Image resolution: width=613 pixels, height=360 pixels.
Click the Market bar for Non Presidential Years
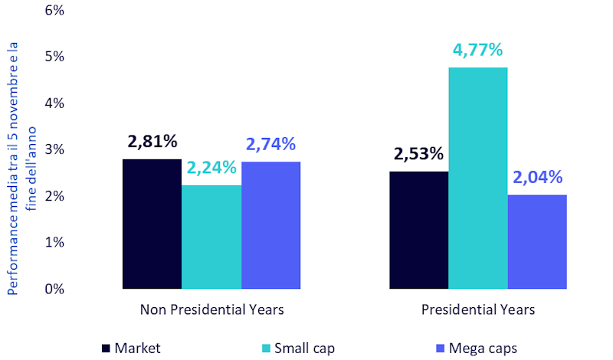pos(152,224)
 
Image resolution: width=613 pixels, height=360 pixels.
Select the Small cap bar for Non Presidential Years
pos(211,237)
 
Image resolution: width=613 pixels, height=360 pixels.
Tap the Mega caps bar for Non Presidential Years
pos(270,225)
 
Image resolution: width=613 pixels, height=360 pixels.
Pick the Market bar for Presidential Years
pos(418,230)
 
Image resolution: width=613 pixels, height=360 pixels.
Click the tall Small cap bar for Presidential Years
pos(477,178)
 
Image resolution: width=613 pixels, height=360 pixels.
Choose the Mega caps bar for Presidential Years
pos(537,241)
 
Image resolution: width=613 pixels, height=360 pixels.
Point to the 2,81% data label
pos(151,142)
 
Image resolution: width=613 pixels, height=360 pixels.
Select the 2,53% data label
pos(418,153)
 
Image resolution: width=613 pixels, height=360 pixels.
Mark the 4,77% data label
pos(477,51)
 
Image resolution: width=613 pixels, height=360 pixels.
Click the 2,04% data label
pos(537,178)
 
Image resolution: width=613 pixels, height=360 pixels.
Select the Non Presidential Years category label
pos(212,310)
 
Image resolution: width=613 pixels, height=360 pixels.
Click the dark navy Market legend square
pos(107,349)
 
